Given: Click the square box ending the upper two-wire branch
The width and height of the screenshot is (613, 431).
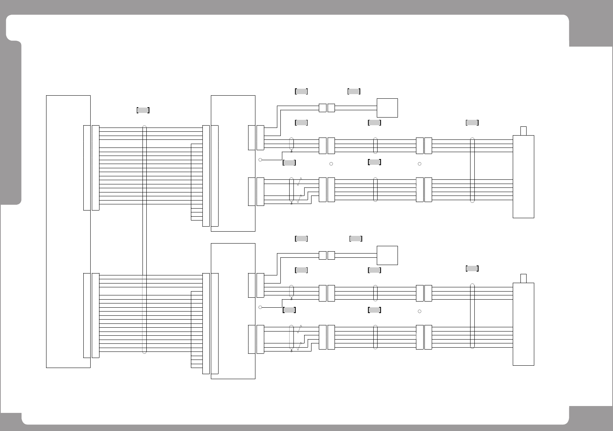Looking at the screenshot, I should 387,108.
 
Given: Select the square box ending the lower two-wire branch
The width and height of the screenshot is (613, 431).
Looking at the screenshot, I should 387,255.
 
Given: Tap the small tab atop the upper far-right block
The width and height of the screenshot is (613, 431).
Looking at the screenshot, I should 523,131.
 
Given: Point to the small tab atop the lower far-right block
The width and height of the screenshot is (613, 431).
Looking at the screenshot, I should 523,278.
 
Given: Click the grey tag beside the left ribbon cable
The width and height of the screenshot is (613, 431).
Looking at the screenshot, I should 143,110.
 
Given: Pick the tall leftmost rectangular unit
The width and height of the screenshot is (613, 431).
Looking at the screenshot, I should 68,231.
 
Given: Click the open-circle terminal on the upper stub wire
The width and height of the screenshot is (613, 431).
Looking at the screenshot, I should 260,160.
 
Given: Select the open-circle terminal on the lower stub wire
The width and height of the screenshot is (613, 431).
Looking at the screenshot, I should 260,307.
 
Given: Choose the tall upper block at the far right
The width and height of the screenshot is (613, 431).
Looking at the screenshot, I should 523,177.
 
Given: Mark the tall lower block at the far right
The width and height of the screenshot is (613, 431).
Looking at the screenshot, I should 523,324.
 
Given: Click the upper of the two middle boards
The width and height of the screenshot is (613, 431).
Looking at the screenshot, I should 233,163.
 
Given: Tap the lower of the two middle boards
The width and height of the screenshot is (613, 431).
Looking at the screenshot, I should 233,311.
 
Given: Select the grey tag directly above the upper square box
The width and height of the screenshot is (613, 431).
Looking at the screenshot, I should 354,91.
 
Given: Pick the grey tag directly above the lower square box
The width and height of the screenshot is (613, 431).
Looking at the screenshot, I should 356,239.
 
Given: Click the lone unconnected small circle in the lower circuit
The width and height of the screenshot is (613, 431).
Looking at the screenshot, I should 419,311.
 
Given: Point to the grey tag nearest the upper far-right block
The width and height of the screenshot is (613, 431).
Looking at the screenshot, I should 472,123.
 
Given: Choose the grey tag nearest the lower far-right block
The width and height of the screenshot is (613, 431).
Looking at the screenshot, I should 472,269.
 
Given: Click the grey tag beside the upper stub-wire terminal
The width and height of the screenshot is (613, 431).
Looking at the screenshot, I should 289,162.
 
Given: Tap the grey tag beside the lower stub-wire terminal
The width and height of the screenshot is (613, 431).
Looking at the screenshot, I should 289,310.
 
